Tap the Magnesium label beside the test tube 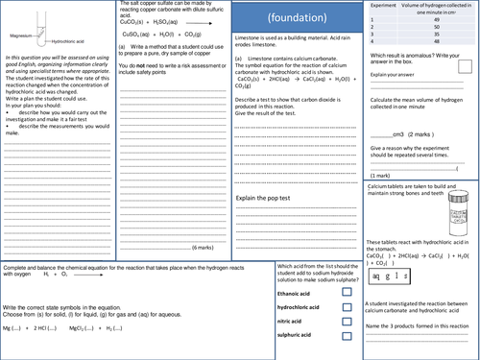click(x=20, y=36)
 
